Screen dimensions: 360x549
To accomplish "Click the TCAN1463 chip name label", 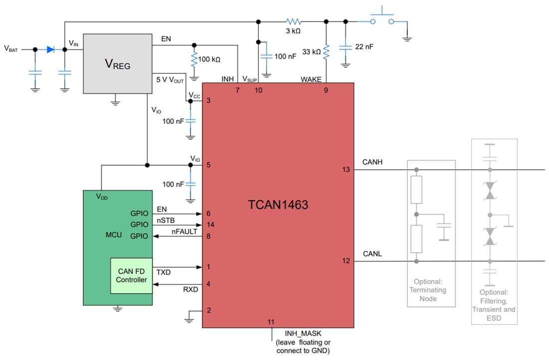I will (x=278, y=205).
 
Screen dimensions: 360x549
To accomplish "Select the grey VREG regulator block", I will (x=117, y=63).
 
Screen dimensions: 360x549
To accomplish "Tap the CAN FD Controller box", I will (x=131, y=276).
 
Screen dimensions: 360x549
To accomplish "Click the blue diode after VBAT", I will (x=51, y=49).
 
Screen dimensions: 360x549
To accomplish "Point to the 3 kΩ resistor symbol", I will (x=294, y=21).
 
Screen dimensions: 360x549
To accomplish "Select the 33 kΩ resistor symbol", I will (x=326, y=51).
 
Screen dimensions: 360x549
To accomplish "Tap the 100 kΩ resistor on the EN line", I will (x=194, y=59).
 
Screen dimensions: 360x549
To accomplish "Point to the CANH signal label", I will (x=372, y=162).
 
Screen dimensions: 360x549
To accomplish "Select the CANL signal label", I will (x=372, y=254).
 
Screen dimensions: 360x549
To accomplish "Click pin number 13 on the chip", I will (x=346, y=170).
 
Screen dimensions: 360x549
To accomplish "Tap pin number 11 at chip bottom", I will (x=271, y=322).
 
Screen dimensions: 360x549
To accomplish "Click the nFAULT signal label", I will (x=184, y=232).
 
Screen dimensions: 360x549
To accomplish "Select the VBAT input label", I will (x=11, y=49).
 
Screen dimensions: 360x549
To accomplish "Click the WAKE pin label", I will (x=311, y=79).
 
